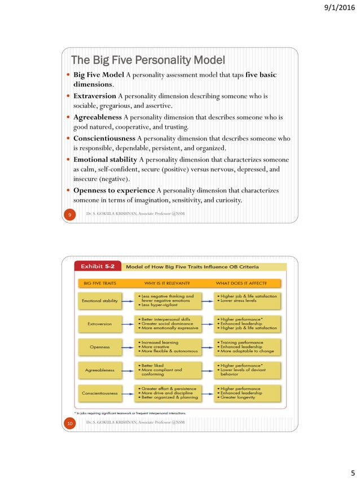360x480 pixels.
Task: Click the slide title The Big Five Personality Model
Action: (147, 60)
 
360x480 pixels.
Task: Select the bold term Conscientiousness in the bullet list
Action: (104, 138)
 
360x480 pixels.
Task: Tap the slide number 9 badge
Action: (68, 214)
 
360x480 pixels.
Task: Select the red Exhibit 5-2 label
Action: (99, 266)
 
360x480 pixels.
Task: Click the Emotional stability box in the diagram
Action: (99, 301)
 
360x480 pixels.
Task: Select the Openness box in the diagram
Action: (99, 347)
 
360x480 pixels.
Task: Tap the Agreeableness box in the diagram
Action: (99, 370)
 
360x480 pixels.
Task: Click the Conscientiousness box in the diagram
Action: (99, 393)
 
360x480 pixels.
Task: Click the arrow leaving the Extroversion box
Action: (128, 324)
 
